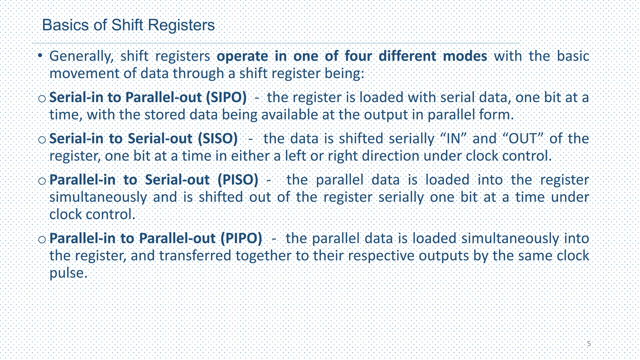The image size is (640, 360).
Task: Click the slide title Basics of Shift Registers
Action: (x=128, y=25)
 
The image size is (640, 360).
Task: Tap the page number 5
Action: (x=589, y=344)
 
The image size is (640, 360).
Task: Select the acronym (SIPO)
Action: (x=226, y=97)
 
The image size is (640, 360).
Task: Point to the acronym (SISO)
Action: (x=217, y=139)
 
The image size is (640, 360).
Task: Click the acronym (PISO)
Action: (x=238, y=180)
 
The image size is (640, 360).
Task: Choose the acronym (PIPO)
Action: (x=241, y=238)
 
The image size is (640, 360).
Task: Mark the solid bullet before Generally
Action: (x=40, y=56)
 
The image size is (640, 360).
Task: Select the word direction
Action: (x=391, y=156)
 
